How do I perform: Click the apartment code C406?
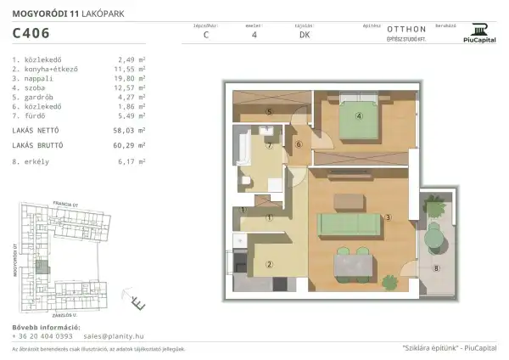[x=31, y=35]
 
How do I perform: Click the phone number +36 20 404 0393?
[x=42, y=336]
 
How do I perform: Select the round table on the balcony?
[x=435, y=239]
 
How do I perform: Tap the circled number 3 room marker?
[x=387, y=217]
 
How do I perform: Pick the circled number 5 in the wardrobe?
[x=268, y=111]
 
